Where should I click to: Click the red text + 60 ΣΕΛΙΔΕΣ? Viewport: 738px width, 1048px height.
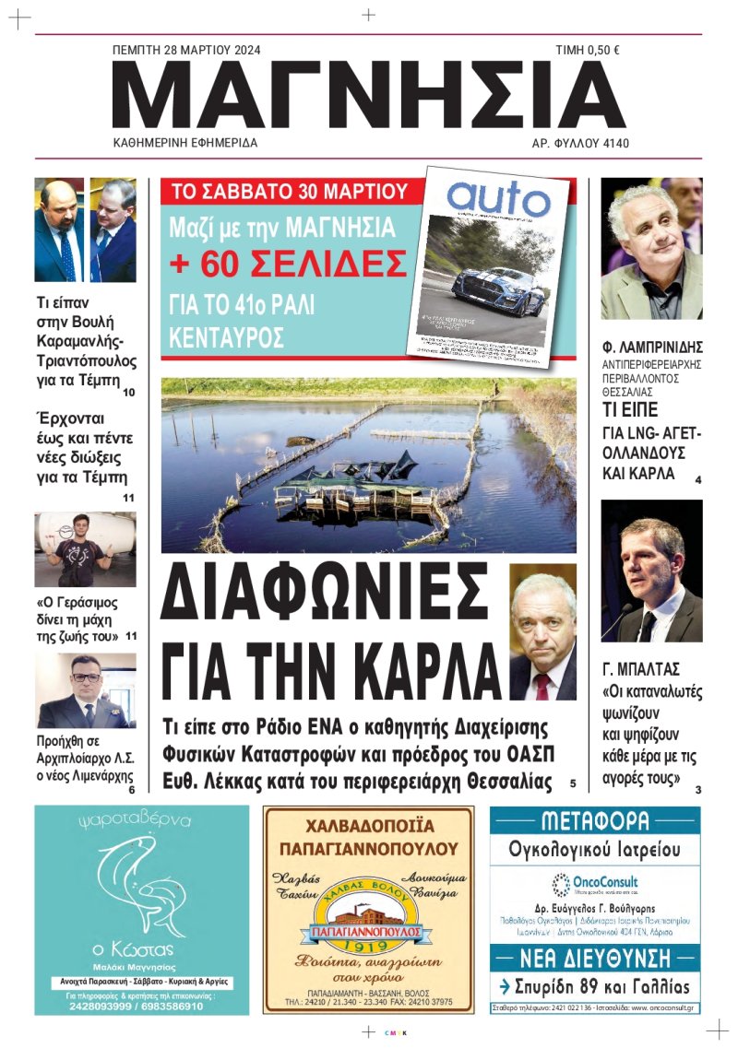point(288,265)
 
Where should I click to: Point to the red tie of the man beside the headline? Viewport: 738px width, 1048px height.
point(542,687)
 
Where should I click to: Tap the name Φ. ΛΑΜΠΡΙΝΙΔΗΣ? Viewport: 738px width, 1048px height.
point(652,348)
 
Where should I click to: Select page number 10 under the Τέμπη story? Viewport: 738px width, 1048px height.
point(128,393)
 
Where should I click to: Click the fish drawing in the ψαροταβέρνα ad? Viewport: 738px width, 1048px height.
point(138,885)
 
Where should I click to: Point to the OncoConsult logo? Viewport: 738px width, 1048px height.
point(595,883)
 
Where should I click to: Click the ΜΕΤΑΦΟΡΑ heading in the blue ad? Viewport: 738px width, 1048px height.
point(594,820)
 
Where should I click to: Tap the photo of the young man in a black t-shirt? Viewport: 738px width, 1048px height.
point(85,550)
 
